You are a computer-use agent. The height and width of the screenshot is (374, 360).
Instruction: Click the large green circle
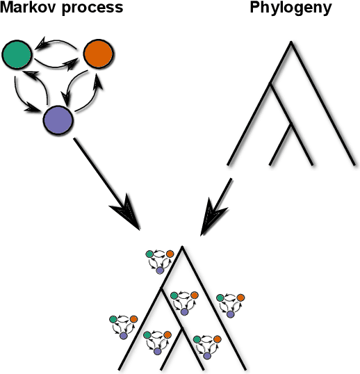[17, 55]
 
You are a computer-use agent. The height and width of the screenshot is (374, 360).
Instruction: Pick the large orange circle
[98, 55]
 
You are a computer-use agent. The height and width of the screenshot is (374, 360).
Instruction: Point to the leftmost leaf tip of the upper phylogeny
[229, 165]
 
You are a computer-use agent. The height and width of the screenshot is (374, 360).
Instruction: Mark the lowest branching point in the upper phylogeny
[290, 125]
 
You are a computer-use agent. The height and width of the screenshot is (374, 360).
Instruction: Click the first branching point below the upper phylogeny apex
[271, 84]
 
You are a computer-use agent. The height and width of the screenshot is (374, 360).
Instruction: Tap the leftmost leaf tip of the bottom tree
[120, 368]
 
